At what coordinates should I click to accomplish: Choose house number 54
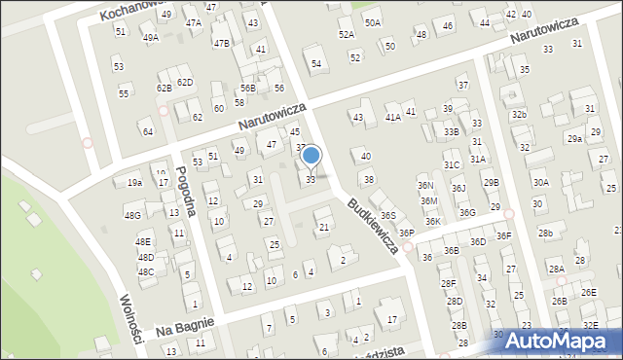(316, 64)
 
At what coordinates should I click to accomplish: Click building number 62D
(185, 82)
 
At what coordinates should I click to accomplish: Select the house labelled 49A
(150, 38)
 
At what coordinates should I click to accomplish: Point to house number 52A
(346, 34)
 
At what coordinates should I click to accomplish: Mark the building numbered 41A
(392, 117)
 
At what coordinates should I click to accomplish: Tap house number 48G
(132, 215)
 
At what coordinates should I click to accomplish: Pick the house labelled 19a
(134, 182)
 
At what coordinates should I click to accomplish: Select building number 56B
(248, 88)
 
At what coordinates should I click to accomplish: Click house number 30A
(540, 182)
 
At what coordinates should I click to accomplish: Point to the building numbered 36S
(387, 215)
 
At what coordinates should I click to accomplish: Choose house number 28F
(447, 283)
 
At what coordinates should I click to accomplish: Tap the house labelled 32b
(520, 114)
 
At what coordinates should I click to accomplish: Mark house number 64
(147, 131)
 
